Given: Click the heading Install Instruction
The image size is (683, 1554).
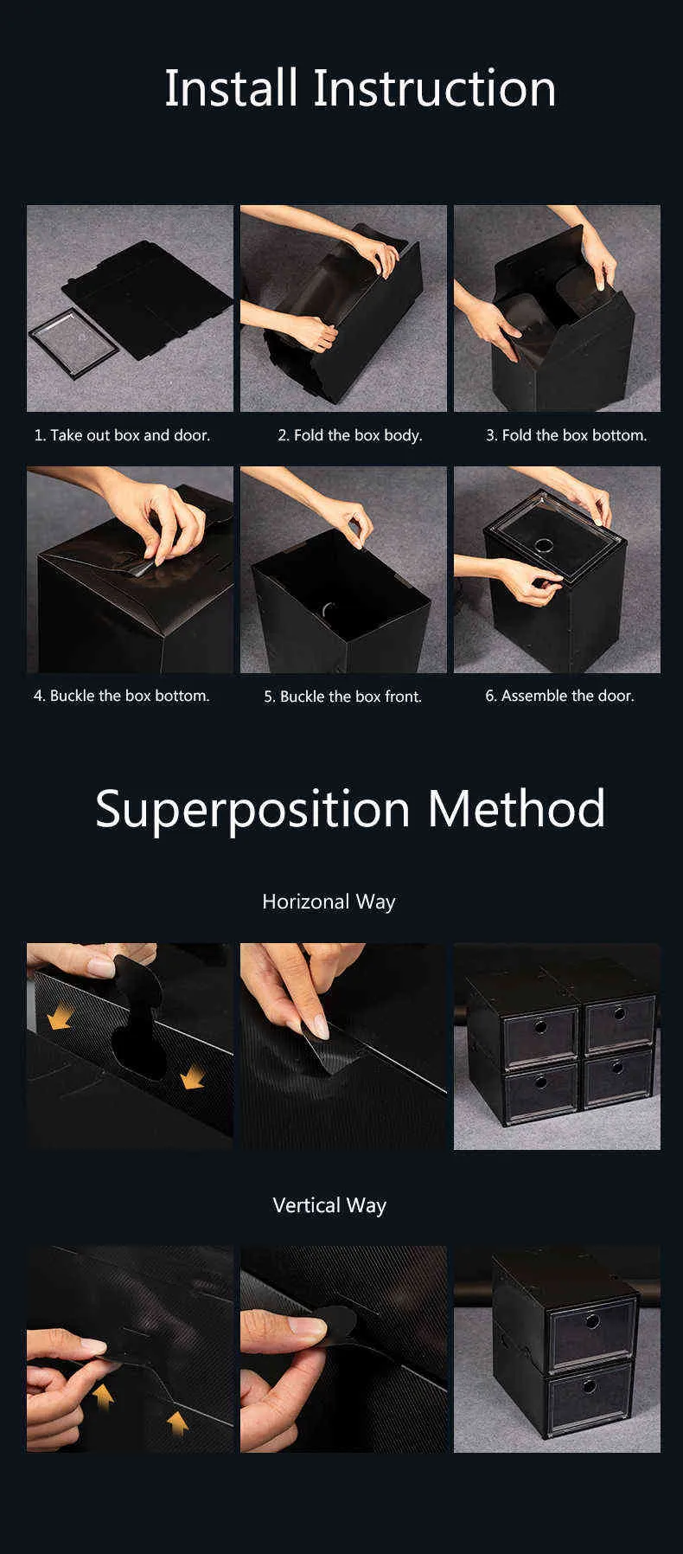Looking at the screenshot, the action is pos(360,88).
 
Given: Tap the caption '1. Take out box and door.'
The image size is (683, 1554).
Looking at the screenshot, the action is pos(122,435).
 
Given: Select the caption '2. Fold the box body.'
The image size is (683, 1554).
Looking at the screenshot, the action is pos(350,435).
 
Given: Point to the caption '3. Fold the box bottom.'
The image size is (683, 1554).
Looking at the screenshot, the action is pos(566,435).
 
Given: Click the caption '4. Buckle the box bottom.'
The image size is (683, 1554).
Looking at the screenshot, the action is pos(122,696).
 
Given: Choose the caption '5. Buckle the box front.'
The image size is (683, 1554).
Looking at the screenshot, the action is pos(343,697).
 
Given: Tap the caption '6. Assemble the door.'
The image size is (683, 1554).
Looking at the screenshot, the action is pos(559,696).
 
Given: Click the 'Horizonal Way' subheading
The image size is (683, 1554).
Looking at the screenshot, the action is pos(329,902).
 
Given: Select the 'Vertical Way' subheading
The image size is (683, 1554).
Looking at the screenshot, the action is pos(329,1205).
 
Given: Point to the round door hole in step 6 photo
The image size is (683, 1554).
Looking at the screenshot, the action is pos(545,546).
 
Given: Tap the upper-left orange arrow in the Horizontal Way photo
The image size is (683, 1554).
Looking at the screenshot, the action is pos(59,1019).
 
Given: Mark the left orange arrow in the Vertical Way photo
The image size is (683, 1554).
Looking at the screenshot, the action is pos(104,1394).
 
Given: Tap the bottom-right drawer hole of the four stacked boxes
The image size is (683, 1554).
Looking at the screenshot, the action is pos(616,1066).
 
